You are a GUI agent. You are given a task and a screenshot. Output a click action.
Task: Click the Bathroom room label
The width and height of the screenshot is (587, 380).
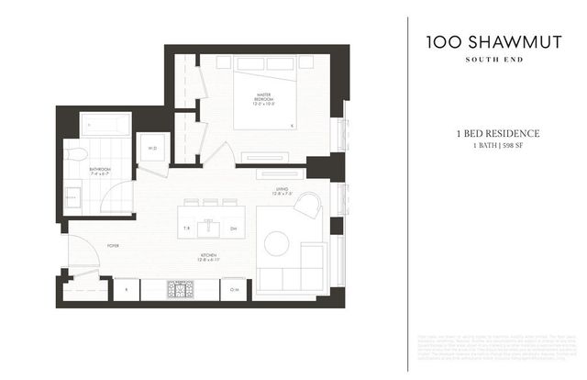[x=100, y=171]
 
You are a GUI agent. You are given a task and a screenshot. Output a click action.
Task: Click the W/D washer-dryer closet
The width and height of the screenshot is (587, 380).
[x=151, y=148]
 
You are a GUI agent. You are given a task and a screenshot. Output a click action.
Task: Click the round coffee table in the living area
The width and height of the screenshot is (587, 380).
[x=275, y=243]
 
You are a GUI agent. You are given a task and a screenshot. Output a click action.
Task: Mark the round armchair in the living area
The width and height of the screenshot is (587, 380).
[x=307, y=207]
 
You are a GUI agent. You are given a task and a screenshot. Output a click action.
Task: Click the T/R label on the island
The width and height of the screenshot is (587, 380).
[x=186, y=229]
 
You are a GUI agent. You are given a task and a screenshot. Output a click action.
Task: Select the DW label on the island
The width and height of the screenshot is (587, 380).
[x=233, y=229]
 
